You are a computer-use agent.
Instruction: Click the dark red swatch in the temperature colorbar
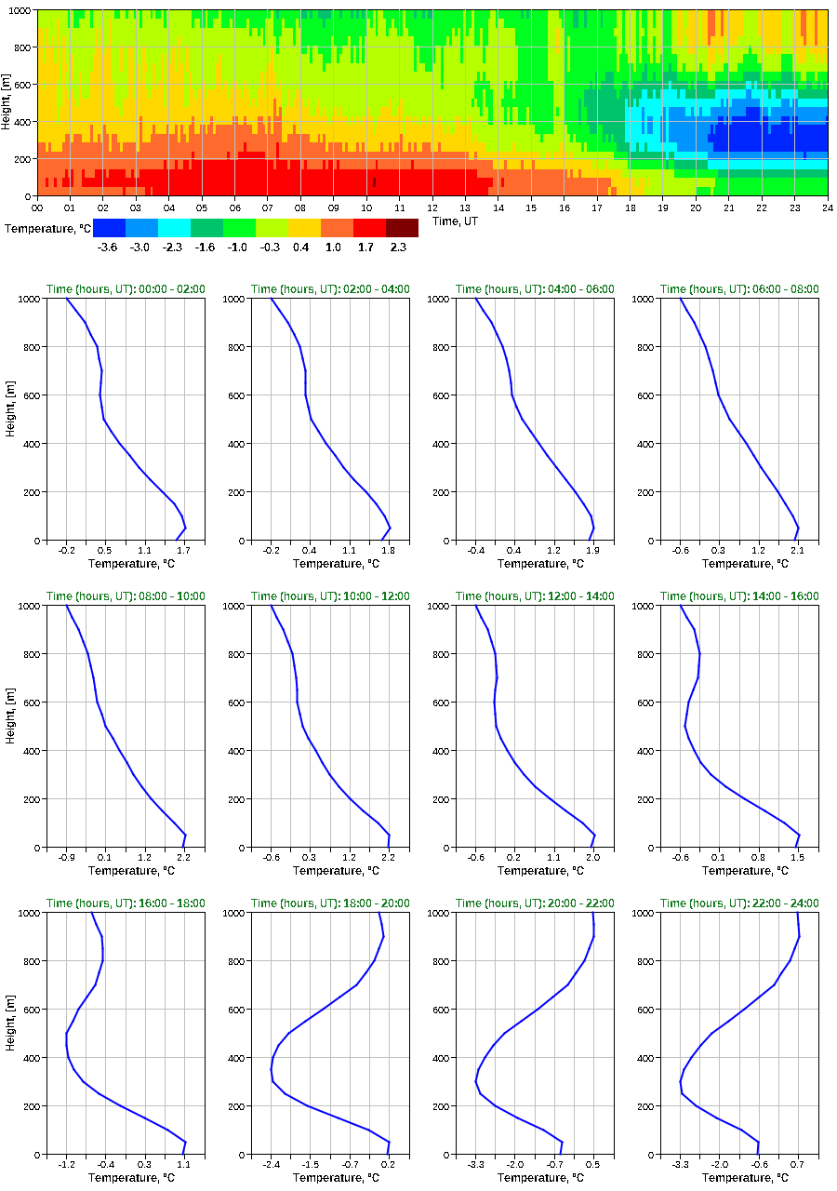(402, 228)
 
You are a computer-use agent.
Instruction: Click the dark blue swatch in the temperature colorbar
(109, 228)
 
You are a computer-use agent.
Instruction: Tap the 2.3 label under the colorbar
(398, 248)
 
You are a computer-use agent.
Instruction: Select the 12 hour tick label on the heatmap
(432, 207)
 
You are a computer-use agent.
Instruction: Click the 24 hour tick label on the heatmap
(827, 207)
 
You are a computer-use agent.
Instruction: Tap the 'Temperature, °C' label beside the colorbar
(46, 228)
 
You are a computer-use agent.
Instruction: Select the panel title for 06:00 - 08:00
(739, 289)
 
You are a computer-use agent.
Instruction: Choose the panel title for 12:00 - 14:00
(535, 596)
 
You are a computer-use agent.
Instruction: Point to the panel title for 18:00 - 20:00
(330, 903)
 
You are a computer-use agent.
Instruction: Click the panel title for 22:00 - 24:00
(739, 903)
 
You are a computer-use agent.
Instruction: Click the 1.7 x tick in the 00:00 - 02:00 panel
(183, 551)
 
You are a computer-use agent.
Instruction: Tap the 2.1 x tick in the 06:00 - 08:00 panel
(796, 551)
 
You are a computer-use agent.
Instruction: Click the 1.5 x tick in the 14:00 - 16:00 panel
(796, 858)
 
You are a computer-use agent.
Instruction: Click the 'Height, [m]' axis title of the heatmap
(7, 103)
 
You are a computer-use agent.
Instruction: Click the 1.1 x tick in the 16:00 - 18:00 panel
(183, 1165)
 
